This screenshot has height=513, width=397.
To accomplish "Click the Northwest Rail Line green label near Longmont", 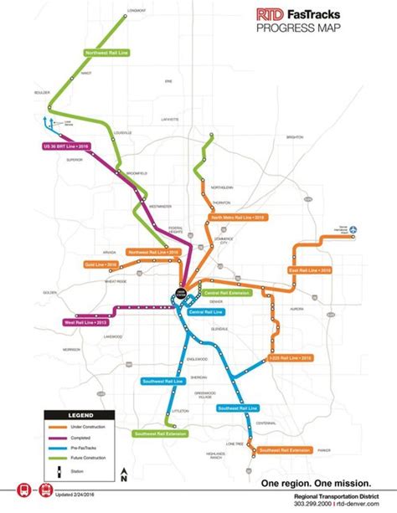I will tap(107, 52).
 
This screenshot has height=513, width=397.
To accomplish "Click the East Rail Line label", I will tap(311, 270).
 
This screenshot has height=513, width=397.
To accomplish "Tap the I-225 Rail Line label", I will tap(291, 358).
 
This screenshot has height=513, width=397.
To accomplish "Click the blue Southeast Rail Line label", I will tap(238, 408).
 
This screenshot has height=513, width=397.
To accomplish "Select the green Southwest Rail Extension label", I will tap(159, 433).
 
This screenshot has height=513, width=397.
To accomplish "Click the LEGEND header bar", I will tap(80, 415).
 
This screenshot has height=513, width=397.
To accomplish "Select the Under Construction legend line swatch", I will tap(59, 426).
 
